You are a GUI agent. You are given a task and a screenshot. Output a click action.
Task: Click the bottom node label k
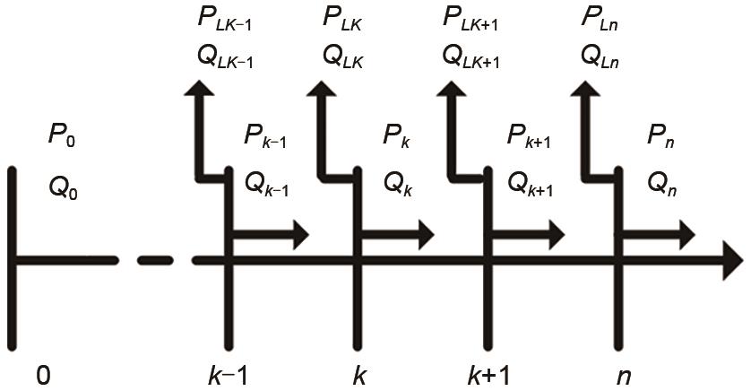tap(359, 372)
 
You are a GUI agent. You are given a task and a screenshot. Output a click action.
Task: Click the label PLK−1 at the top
tap(223, 17)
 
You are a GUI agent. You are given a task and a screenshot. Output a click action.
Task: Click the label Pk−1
tap(266, 136)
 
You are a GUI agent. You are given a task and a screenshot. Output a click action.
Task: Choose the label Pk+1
tap(529, 136)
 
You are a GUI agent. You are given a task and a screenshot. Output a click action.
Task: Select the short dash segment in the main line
tap(158, 261)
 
